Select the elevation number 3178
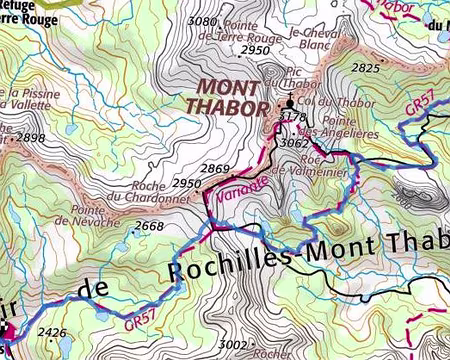[292, 118]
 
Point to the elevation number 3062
[294, 143]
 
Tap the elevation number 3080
[202, 21]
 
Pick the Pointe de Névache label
[97, 216]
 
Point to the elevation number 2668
[149, 227]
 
